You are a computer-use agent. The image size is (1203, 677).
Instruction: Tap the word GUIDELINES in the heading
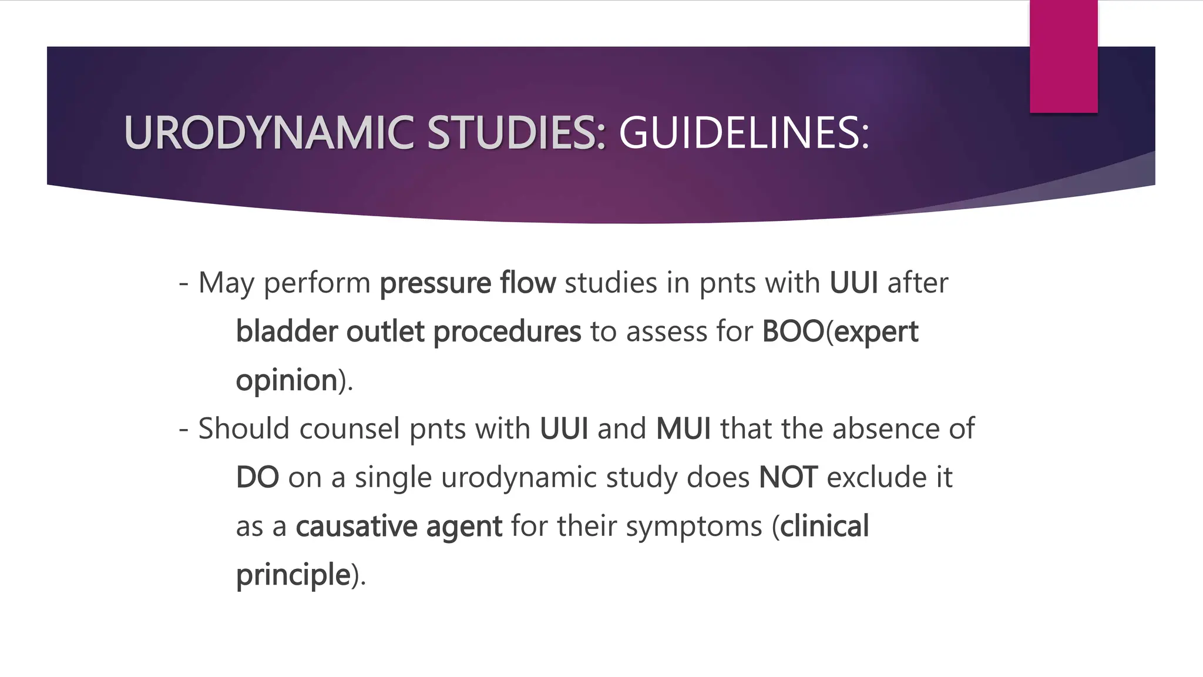click(743, 133)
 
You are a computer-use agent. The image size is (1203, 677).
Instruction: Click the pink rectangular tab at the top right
click(1063, 56)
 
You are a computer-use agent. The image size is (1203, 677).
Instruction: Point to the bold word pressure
click(435, 283)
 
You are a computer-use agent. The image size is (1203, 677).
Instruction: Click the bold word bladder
click(287, 331)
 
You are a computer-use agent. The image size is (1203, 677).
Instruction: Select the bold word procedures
click(507, 333)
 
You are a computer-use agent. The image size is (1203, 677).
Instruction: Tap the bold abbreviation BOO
click(793, 331)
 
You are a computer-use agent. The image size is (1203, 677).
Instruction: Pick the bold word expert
click(876, 333)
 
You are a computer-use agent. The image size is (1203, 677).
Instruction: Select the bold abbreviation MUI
click(683, 428)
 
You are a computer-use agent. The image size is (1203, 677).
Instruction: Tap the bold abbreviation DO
click(257, 477)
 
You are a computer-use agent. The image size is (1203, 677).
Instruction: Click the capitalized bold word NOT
click(788, 477)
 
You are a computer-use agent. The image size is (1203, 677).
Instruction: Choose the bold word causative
click(356, 526)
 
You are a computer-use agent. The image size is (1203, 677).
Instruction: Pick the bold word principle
click(293, 575)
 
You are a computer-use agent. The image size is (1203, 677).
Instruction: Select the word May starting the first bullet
click(226, 283)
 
